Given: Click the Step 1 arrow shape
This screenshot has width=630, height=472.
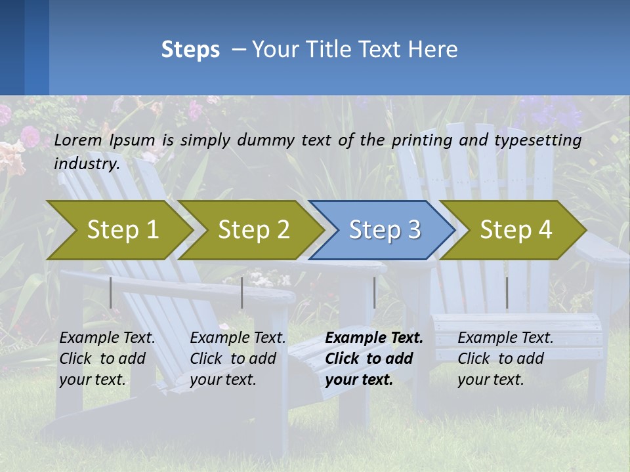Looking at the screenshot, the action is click(122, 230).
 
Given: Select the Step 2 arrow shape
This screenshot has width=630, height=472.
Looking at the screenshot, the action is click(253, 230).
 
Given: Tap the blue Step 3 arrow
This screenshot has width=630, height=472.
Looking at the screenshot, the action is click(385, 230).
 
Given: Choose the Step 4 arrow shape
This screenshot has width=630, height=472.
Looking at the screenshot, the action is click(516, 230).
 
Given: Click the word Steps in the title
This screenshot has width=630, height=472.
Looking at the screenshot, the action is click(190, 50).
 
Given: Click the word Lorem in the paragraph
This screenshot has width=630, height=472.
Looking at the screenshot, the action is click(78, 140).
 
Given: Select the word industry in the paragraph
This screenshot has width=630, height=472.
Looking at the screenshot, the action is click(86, 164).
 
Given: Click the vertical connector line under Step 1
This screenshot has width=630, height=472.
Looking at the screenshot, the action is click(111, 292).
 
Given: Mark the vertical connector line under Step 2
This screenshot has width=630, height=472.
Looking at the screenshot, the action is click(242, 292).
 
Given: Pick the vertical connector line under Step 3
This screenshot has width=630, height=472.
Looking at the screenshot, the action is click(375, 292).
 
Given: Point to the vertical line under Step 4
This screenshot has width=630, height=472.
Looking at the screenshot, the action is click(507, 292).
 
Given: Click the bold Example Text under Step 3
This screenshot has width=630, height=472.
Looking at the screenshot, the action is click(374, 338).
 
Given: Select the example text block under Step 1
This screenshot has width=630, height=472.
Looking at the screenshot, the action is click(106, 359).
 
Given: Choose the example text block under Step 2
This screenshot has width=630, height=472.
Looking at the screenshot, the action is click(237, 359).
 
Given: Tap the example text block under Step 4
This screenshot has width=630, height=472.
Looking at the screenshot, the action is click(505, 359).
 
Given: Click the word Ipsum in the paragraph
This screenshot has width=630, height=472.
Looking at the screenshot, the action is click(132, 140).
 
